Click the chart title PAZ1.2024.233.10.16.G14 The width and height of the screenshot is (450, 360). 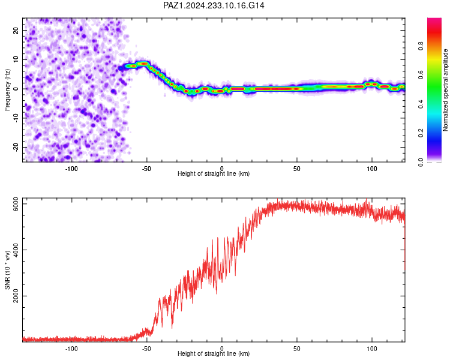[x=214, y=5]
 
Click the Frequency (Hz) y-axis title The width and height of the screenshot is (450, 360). [x=7, y=90]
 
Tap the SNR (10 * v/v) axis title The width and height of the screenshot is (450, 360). [x=7, y=270]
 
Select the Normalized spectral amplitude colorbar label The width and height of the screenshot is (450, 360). [x=445, y=90]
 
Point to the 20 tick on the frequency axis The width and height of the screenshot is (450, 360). [x=16, y=30]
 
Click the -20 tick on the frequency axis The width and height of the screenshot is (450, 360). [x=16, y=147]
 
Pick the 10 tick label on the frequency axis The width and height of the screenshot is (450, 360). [x=16, y=59]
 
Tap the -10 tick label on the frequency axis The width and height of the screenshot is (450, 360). [x=16, y=118]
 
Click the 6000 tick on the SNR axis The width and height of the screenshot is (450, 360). [x=16, y=204]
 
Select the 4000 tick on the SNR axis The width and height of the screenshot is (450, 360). [x=16, y=250]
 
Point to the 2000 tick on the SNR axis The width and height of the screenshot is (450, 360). [x=16, y=296]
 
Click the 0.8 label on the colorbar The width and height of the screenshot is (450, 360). [x=421, y=46]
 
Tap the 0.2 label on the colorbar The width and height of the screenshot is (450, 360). [x=421, y=133]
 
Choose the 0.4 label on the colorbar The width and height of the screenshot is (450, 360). [x=421, y=104]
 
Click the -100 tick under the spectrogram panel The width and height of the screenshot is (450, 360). [x=71, y=169]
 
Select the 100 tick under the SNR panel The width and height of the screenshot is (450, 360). [x=372, y=349]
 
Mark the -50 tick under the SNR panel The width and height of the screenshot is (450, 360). [x=146, y=349]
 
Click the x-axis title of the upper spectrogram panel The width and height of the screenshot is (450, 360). [x=214, y=173]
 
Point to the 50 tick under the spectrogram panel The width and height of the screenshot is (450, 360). [x=297, y=169]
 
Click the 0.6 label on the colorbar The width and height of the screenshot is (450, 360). [x=421, y=75]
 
